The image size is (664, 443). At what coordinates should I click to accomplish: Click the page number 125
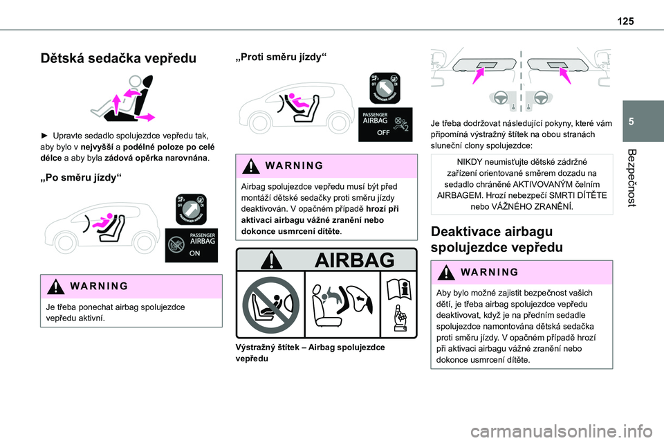tap(625, 21)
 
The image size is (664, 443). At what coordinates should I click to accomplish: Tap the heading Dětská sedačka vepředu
tap(118, 58)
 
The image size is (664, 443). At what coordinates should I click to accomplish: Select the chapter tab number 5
tap(631, 122)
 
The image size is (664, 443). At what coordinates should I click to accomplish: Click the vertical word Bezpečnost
tap(631, 178)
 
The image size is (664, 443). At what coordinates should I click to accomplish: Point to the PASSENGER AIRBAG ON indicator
tap(192, 246)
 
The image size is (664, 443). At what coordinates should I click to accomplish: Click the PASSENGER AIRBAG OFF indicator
tap(385, 125)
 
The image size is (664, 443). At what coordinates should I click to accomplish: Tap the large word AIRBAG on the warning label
tap(354, 260)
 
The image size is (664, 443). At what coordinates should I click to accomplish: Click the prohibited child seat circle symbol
tap(270, 305)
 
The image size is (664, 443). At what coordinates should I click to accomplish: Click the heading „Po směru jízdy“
tap(80, 178)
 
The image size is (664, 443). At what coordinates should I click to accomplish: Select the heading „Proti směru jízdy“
tap(281, 57)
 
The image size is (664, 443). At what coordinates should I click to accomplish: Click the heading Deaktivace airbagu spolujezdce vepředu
tap(497, 239)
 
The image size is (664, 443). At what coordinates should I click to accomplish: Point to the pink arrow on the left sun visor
tap(479, 76)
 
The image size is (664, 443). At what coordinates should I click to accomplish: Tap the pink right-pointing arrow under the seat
tap(145, 117)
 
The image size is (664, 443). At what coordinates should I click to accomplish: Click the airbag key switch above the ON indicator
tap(191, 210)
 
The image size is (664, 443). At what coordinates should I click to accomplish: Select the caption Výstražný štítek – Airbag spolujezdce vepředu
tap(310, 353)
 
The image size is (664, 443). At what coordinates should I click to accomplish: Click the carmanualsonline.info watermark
tap(562, 432)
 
